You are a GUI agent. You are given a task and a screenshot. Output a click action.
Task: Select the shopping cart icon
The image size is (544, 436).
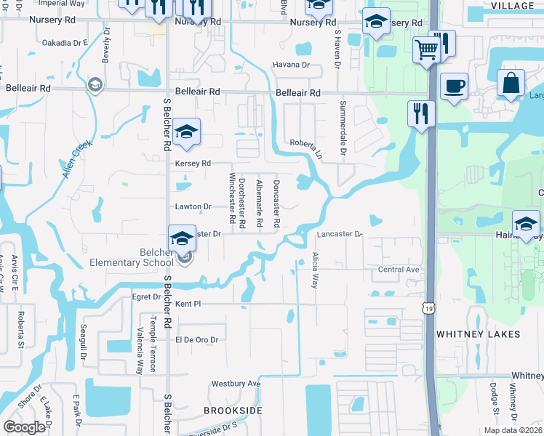426,51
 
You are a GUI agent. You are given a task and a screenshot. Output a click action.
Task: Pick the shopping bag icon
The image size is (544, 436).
511,84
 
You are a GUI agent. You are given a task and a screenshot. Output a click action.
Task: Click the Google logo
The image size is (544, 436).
25,427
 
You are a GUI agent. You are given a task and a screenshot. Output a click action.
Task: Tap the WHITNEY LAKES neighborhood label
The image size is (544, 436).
478,334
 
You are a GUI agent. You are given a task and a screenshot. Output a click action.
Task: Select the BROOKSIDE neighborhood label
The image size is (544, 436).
232,411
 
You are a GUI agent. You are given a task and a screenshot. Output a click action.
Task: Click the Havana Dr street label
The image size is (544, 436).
291,65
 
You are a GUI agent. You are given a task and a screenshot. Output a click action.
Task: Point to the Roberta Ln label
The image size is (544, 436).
306,148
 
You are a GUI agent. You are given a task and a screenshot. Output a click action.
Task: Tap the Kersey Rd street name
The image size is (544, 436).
193,163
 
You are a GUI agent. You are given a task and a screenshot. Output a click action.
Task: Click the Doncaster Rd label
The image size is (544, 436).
276,204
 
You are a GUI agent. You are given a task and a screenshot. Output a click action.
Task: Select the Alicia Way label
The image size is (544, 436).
315,270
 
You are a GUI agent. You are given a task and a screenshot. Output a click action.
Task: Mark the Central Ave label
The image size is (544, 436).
399,270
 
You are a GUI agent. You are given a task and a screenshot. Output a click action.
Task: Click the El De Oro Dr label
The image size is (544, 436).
196,339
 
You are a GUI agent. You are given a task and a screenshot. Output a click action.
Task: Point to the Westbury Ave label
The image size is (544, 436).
235,383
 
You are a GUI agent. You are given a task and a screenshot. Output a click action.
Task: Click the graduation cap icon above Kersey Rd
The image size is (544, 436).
186,134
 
